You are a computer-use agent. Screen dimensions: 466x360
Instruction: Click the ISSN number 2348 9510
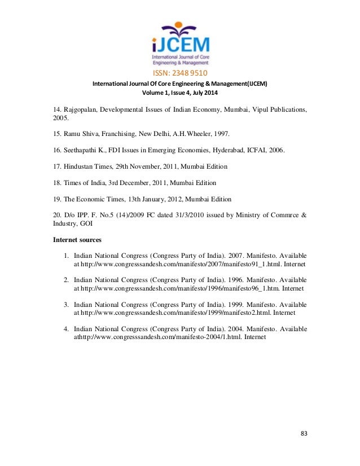[179, 73]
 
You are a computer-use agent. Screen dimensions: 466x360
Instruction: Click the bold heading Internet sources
[77, 239]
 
